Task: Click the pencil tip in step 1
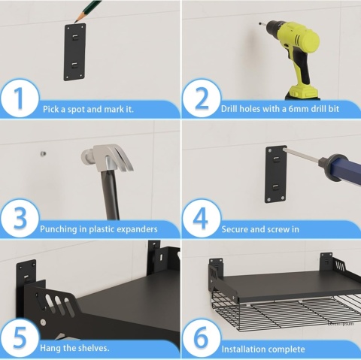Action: pos(74,23)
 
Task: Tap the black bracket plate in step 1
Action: pos(74,52)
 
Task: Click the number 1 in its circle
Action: pos(19,98)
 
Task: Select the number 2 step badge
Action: pos(202,98)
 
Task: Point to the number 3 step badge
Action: pos(20,218)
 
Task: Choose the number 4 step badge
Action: pos(202,218)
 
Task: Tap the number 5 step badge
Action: pos(20,337)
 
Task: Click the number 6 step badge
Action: pos(202,337)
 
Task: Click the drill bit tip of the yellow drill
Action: pos(259,24)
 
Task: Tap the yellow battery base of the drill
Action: pos(303,92)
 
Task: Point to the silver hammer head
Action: pos(107,158)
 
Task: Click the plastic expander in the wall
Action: pos(43,153)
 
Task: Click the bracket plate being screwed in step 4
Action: pos(276,174)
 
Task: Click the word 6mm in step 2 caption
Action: pos(299,109)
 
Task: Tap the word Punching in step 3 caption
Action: pos(59,229)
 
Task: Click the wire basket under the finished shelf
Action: pos(286,313)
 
